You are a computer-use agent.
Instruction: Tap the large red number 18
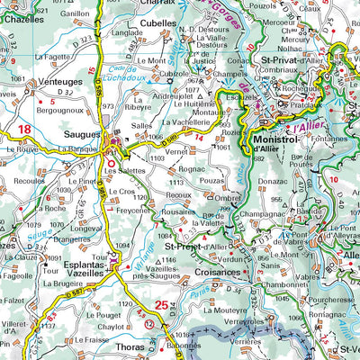[x=24, y=130]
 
